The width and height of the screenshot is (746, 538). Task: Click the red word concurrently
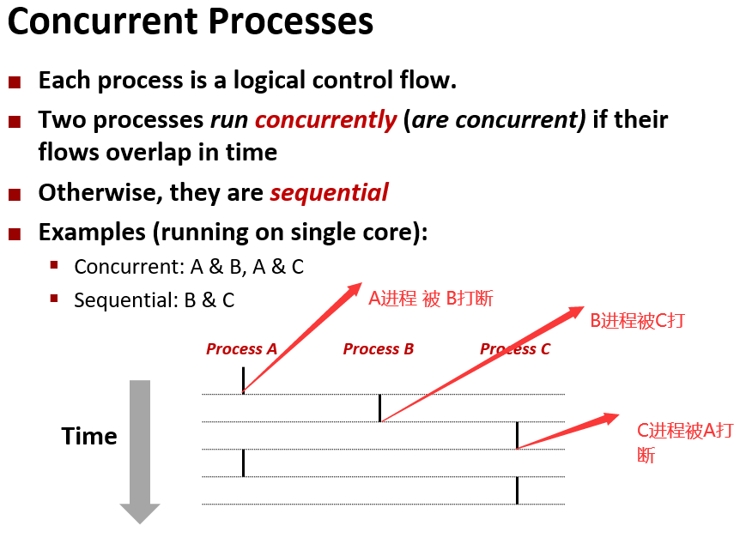(x=325, y=119)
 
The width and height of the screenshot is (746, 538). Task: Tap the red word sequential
(x=329, y=192)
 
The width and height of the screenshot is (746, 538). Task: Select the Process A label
(x=241, y=349)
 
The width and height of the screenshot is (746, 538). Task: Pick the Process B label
(x=379, y=349)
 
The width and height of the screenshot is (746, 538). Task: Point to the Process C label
(x=515, y=349)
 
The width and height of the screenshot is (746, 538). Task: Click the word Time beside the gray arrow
(x=89, y=436)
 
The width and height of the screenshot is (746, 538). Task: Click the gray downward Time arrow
(x=139, y=450)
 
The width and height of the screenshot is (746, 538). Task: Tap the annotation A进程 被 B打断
(x=431, y=299)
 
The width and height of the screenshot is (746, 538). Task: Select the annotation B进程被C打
(x=637, y=321)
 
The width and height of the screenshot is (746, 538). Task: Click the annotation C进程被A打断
(x=684, y=442)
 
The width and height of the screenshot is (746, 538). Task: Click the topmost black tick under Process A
(x=243, y=380)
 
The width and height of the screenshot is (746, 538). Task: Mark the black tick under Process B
(x=379, y=408)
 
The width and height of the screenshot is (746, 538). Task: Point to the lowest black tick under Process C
(x=517, y=491)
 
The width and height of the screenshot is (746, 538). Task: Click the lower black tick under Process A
(x=243, y=462)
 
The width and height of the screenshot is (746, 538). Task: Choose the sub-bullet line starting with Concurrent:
(x=189, y=267)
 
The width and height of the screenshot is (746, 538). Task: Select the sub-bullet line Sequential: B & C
(x=154, y=300)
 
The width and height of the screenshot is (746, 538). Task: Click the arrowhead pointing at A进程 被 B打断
(x=354, y=288)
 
